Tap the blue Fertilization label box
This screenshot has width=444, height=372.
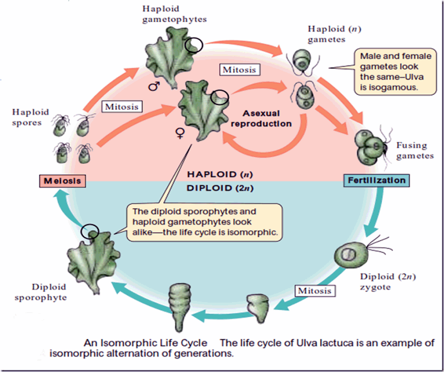click(x=376, y=180)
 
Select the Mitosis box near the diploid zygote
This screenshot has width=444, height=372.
click(x=314, y=290)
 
